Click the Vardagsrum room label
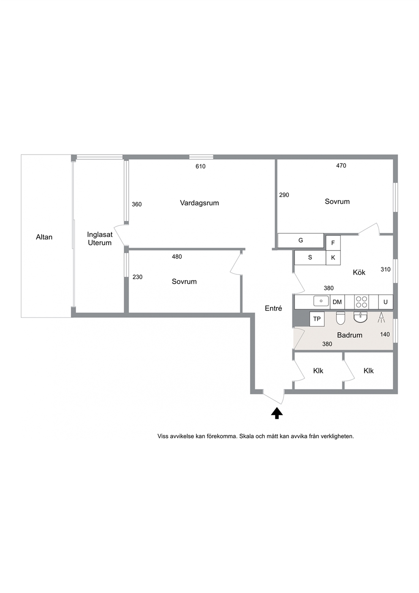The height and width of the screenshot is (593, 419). point(199,203)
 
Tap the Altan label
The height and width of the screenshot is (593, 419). point(44,237)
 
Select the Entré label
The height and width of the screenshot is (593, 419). point(274,308)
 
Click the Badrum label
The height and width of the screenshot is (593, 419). point(349,335)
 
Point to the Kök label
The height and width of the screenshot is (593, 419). point(359,272)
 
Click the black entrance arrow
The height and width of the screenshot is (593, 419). point(277,413)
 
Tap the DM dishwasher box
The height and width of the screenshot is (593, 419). point(337,302)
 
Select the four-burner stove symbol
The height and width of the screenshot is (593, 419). point(362,302)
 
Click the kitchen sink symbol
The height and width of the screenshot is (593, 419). point(321,301)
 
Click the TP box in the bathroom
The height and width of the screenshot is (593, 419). point(317,319)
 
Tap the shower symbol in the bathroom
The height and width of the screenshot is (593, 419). point(381,318)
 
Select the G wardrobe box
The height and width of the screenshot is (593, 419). point(300,240)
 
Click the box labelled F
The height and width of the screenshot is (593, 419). point(333,243)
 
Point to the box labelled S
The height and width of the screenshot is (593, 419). point(310,257)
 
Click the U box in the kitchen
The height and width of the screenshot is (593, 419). point(386,302)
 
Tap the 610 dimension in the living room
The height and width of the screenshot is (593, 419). point(201,167)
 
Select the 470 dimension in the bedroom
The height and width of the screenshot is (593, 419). point(341,166)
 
